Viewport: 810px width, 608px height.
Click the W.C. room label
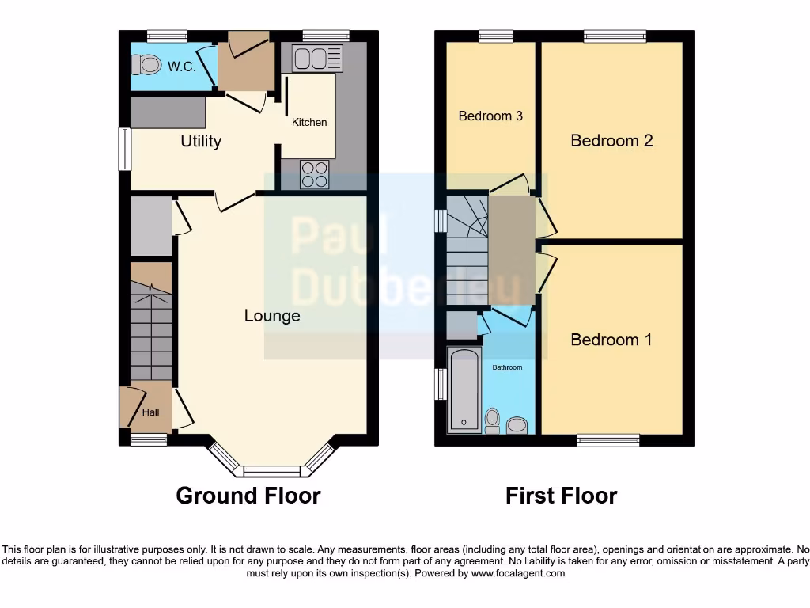click(x=181, y=66)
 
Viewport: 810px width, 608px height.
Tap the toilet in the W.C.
click(x=146, y=64)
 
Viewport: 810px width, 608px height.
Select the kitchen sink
click(x=317, y=57)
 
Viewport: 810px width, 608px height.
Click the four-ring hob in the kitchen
click(x=315, y=174)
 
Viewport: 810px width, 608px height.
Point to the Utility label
click(x=201, y=142)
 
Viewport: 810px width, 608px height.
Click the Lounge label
click(x=272, y=316)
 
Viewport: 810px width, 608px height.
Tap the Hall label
click(x=150, y=412)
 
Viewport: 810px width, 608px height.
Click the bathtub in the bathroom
click(x=464, y=390)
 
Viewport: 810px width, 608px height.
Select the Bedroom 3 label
click(x=490, y=116)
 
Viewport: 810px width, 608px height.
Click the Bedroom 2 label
click(x=611, y=141)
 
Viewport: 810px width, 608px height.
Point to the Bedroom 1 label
click(x=611, y=340)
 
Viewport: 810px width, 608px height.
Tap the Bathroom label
click(x=507, y=367)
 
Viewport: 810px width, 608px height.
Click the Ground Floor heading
click(x=248, y=496)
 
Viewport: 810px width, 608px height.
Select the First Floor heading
click(x=561, y=496)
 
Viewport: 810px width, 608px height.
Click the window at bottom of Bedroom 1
click(x=607, y=440)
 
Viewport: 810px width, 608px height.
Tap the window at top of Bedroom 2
click(x=615, y=36)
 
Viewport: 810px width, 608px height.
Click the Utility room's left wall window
click(x=124, y=149)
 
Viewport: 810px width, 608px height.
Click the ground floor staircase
click(x=150, y=332)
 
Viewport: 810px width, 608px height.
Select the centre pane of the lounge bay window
click(x=272, y=471)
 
